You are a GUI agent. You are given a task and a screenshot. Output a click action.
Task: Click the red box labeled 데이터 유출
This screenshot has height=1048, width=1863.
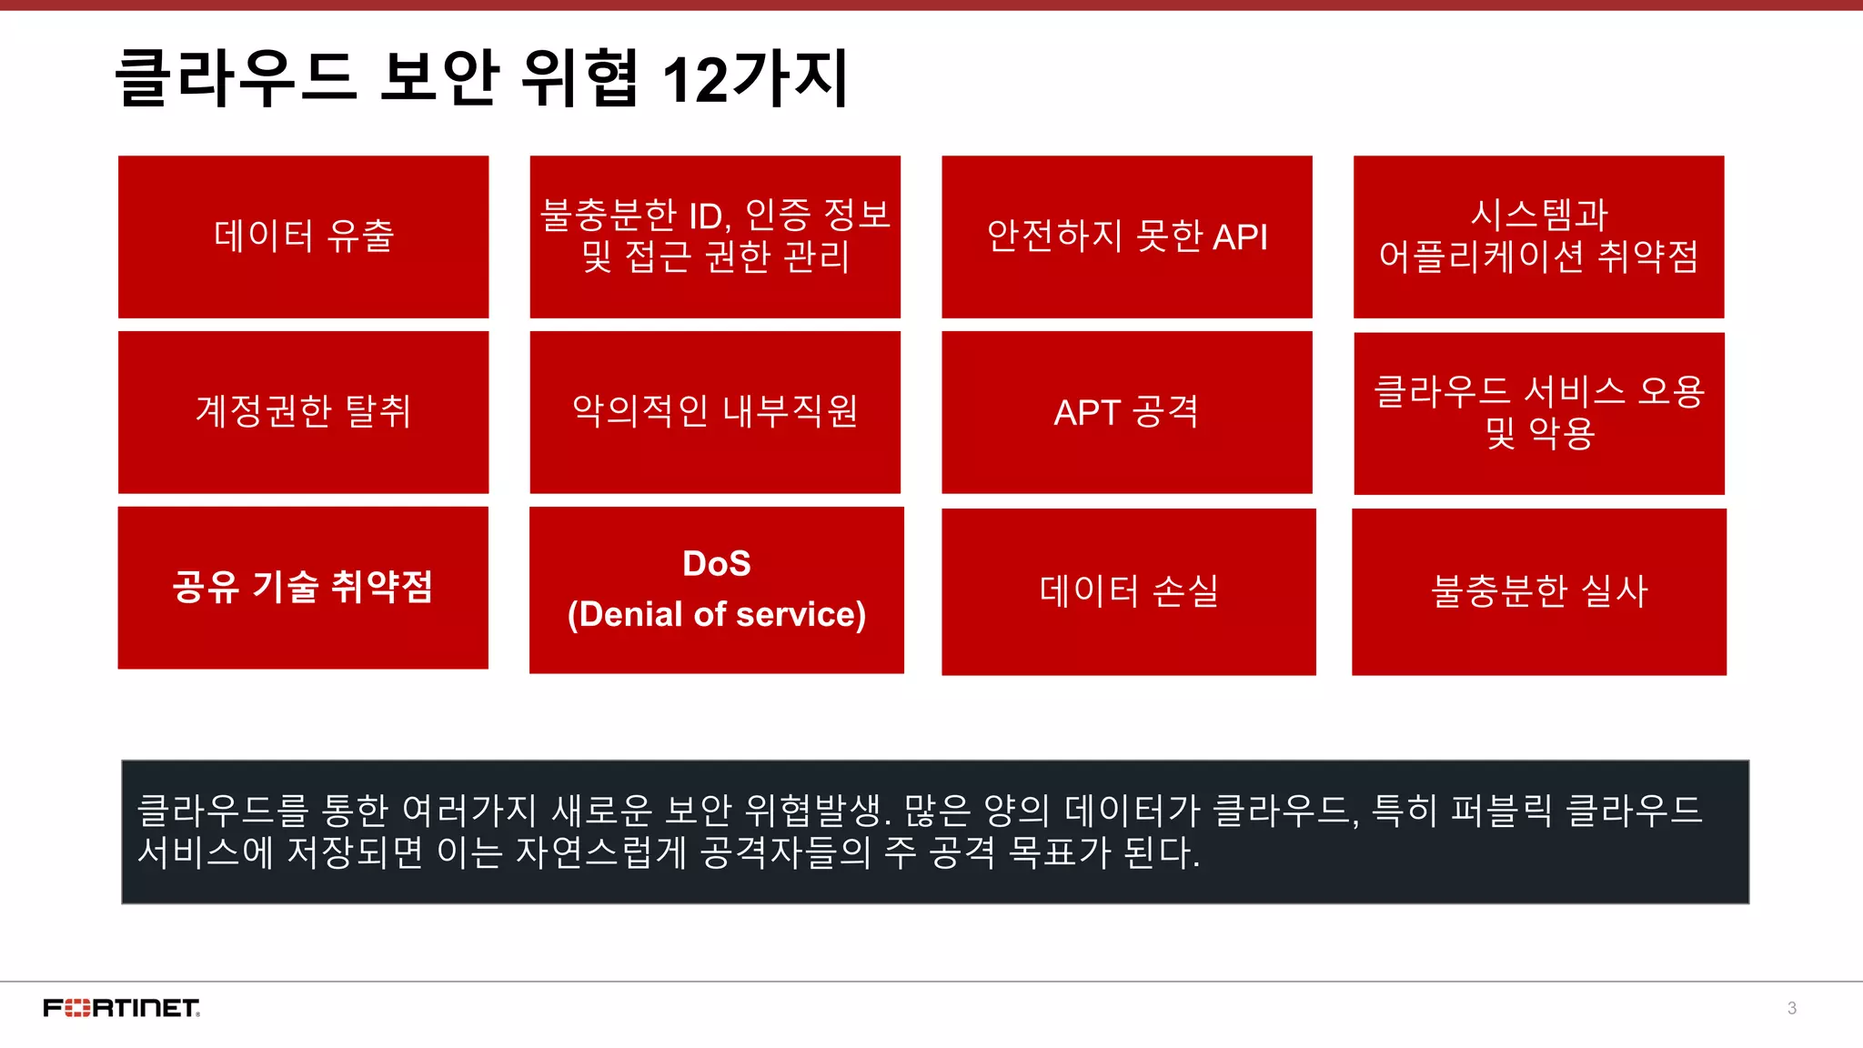click(x=303, y=237)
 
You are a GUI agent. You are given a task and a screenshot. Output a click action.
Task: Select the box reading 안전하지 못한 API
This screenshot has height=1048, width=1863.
click(x=1126, y=237)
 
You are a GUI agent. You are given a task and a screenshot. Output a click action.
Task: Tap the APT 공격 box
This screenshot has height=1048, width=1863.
click(x=1126, y=412)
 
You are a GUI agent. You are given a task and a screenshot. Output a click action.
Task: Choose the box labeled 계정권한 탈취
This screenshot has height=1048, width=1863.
click(x=303, y=412)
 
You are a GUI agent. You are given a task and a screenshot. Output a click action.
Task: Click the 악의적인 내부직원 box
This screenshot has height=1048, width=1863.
click(x=715, y=412)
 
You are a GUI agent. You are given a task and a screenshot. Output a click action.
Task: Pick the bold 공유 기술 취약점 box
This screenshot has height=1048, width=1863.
click(x=303, y=588)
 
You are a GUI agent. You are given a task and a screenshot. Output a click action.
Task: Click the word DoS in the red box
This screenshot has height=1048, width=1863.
click(x=717, y=564)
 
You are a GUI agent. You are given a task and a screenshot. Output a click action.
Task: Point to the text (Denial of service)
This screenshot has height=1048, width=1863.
click(x=717, y=615)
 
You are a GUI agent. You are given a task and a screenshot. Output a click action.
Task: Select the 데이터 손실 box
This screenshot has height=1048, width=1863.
click(x=1128, y=591)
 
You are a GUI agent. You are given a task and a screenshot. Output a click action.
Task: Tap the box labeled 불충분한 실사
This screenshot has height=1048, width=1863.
click(x=1539, y=591)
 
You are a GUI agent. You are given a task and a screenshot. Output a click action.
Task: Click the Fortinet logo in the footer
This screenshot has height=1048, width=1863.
click(x=122, y=1008)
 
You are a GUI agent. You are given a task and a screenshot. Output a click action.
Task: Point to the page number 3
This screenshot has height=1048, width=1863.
click(x=1791, y=1008)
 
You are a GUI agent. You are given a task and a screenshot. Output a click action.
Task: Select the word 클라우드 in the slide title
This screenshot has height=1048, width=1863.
click(x=235, y=80)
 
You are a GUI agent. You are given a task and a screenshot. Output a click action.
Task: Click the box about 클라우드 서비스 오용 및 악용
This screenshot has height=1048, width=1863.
click(x=1539, y=413)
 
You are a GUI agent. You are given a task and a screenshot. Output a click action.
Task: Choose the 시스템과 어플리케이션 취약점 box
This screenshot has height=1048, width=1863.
click(x=1539, y=237)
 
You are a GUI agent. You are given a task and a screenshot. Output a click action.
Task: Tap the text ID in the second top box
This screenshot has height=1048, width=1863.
click(x=706, y=217)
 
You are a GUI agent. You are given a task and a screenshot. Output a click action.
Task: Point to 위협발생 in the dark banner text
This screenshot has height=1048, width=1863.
click(x=814, y=810)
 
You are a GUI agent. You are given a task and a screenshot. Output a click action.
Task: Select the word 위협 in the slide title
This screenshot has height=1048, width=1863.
click(x=579, y=80)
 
